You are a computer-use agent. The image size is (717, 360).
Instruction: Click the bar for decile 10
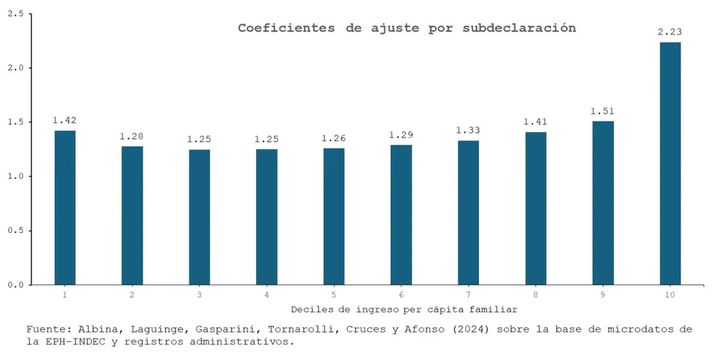pyautogui.click(x=670, y=164)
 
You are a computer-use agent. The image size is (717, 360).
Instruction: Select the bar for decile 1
pyautogui.click(x=65, y=207)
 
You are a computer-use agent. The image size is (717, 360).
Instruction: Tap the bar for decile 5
pyautogui.click(x=333, y=216)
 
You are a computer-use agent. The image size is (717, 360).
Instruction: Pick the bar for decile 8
pyautogui.click(x=536, y=208)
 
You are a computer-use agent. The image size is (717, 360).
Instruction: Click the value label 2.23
pyautogui.click(x=670, y=32)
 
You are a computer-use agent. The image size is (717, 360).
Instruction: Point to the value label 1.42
pyautogui.click(x=65, y=120)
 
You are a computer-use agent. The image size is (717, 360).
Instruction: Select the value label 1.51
pyautogui.click(x=602, y=110)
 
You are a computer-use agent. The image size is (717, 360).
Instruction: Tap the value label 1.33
pyautogui.click(x=468, y=130)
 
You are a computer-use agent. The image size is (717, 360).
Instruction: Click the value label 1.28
pyautogui.click(x=132, y=136)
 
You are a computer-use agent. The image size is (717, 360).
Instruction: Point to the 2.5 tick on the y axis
pyautogui.click(x=14, y=14)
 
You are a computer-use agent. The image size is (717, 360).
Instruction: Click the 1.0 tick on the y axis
pyautogui.click(x=14, y=176)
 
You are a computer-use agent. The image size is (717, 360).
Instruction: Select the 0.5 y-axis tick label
pyautogui.click(x=14, y=231)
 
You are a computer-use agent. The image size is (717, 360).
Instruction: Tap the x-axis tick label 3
pyautogui.click(x=199, y=295)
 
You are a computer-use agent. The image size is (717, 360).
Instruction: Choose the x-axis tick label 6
pyautogui.click(x=401, y=295)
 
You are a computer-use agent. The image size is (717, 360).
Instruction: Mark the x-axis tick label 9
pyautogui.click(x=602, y=295)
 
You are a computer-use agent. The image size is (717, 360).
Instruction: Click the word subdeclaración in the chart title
pyautogui.click(x=519, y=28)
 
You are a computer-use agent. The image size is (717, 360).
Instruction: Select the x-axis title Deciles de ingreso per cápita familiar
pyautogui.click(x=404, y=309)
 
